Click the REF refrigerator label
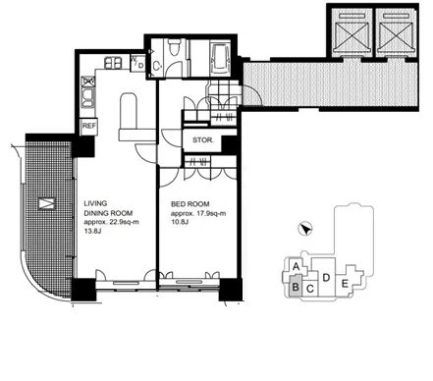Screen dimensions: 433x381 coord(88,126)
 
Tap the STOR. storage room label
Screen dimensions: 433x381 coord(203,140)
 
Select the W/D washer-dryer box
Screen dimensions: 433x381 coord(137,63)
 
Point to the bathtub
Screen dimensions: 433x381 coord(222,58)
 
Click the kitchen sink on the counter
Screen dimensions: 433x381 coord(88,97)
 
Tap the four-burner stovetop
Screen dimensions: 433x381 coord(113,63)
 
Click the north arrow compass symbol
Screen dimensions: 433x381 coord(305,229)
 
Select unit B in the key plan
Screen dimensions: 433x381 coord(296,287)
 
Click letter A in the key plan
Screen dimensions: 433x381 coord(297,266)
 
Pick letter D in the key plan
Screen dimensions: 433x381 coord(326,278)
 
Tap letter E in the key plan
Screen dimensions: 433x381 coord(345,284)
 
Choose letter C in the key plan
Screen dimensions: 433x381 coord(310,289)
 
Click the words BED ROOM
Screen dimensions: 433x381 coord(190,204)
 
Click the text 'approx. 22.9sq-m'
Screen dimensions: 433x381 coord(111,222)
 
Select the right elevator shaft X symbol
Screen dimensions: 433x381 coord(397,35)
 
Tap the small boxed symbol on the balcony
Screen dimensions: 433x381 coord(47,203)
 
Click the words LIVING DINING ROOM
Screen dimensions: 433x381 coord(108,208)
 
